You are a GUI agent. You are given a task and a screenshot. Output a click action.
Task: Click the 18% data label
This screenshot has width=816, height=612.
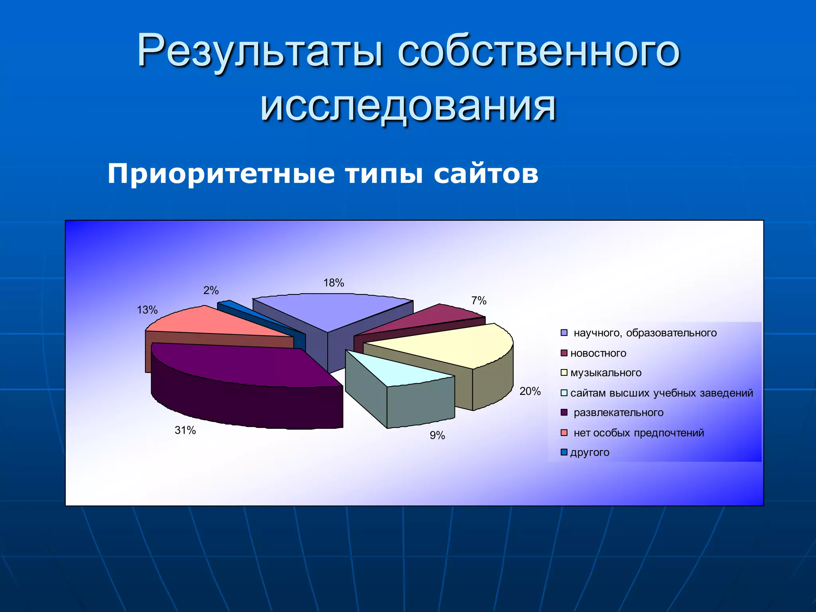(x=333, y=283)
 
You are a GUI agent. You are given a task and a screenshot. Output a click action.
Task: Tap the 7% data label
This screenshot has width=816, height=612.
(x=479, y=301)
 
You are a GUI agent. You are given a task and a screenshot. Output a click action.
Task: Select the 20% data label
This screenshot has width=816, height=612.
(x=530, y=391)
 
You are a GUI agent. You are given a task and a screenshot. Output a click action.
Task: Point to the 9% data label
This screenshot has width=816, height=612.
(x=437, y=435)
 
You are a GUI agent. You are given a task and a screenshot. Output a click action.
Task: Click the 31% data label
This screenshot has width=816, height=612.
(x=185, y=430)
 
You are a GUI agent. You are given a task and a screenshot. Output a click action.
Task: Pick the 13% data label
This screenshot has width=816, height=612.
(x=147, y=310)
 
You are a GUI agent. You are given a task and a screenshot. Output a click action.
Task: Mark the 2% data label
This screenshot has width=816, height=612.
(x=211, y=290)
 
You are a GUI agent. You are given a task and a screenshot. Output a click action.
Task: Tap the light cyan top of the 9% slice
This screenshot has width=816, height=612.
(x=394, y=371)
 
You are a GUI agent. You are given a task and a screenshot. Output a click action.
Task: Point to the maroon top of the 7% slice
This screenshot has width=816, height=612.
(x=430, y=319)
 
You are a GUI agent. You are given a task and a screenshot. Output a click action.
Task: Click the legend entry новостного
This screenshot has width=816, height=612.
(x=598, y=353)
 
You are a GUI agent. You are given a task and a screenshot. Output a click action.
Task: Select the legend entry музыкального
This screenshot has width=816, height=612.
(x=606, y=373)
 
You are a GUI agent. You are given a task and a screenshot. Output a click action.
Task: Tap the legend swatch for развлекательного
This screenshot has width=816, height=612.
(x=564, y=412)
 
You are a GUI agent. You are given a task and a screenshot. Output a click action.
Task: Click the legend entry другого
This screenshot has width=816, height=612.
(x=590, y=453)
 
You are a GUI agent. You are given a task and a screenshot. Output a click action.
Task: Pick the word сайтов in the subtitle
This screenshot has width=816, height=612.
(x=486, y=174)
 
